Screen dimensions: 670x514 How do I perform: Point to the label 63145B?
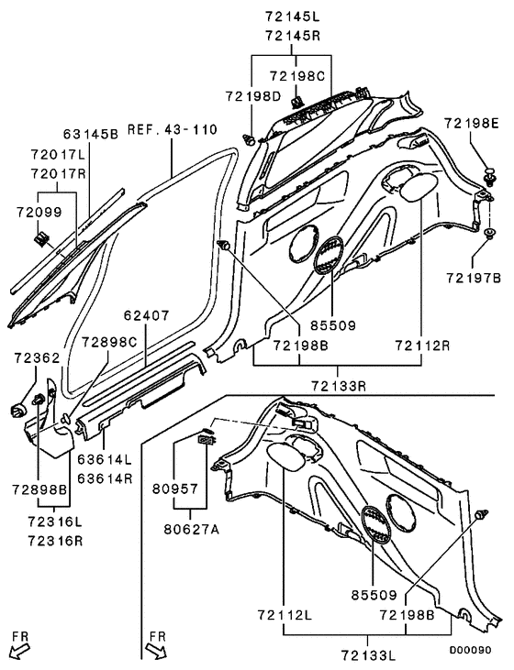coord(91,134)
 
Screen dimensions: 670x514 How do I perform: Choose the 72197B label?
coord(475,277)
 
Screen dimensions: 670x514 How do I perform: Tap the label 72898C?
coord(108,342)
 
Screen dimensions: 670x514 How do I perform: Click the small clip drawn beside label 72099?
coord(39,240)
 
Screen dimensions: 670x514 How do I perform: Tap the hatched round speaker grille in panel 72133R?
coord(329,256)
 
